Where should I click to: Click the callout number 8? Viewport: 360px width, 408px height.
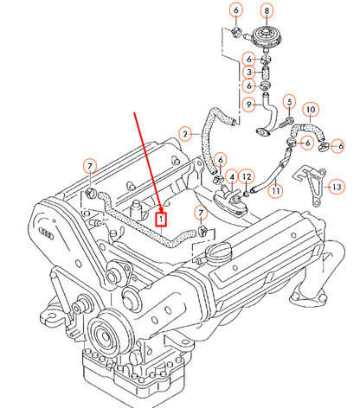(x=267, y=10)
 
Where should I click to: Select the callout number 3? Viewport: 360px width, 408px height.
(x=247, y=73)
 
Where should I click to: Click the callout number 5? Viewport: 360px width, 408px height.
(x=290, y=102)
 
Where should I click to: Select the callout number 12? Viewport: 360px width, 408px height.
(x=246, y=176)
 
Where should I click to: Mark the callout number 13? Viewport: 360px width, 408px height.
(x=337, y=186)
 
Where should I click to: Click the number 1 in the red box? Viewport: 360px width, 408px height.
(x=159, y=219)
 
